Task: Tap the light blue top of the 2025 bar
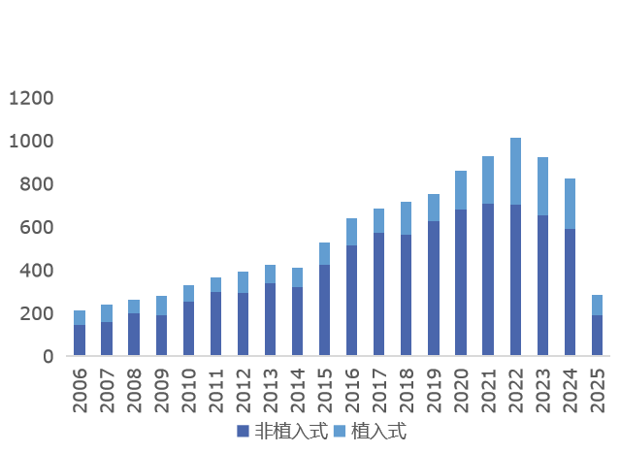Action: pos(597,305)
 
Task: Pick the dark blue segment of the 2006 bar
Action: pos(80,340)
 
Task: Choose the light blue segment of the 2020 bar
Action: pos(461,190)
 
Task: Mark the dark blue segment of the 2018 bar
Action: pos(407,295)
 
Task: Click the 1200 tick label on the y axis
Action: pos(32,98)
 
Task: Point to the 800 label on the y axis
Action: pos(38,184)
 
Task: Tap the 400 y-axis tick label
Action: pos(38,271)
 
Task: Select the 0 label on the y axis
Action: pos(48,357)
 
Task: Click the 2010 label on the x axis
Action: pos(189,389)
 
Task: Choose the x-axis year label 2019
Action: pos(434,389)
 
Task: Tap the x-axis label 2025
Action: pos(598,389)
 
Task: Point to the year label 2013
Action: pos(271,389)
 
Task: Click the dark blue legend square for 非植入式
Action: pos(244,431)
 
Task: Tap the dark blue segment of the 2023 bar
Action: pos(542,285)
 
